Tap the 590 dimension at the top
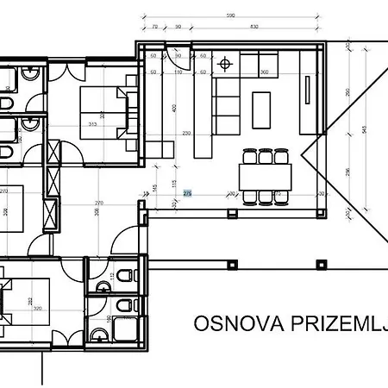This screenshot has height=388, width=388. pyautogui.click(x=230, y=16)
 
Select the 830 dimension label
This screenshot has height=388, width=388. pyautogui.click(x=253, y=28)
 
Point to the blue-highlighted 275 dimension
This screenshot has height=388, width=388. pyautogui.click(x=187, y=194)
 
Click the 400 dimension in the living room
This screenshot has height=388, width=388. pyautogui.click(x=173, y=108)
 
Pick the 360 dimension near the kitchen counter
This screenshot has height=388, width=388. pyautogui.click(x=264, y=72)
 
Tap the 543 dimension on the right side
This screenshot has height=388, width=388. pyautogui.click(x=366, y=129)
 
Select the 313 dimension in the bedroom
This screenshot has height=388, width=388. pyautogui.click(x=92, y=122)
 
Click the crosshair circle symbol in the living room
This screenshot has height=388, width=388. pyautogui.click(x=226, y=63)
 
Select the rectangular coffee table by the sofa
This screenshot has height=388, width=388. pyautogui.click(x=261, y=109)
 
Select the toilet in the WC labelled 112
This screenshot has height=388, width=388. pyautogui.click(x=126, y=276)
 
